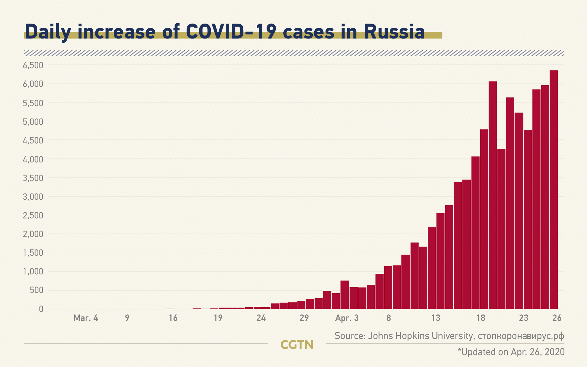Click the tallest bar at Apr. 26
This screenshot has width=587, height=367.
coord(554,190)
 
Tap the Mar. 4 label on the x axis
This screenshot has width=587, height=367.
coord(86,318)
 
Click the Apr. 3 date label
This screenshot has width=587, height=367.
coord(347,318)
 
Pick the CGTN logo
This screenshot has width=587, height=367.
coord(297,345)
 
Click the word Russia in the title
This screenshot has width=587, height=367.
coord(394,32)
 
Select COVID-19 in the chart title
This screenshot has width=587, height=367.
coord(231,32)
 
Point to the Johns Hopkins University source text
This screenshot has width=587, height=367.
coord(420,336)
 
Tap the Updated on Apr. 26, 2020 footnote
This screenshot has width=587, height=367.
coord(511,352)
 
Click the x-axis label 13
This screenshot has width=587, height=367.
coord(436,318)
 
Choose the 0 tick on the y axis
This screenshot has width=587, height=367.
coord(41,309)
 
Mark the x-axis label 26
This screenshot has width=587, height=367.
coord(557,318)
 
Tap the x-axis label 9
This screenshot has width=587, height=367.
coord(127,318)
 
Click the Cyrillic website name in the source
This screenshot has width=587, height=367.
coord(521,336)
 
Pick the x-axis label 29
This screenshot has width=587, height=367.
coord(304,318)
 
